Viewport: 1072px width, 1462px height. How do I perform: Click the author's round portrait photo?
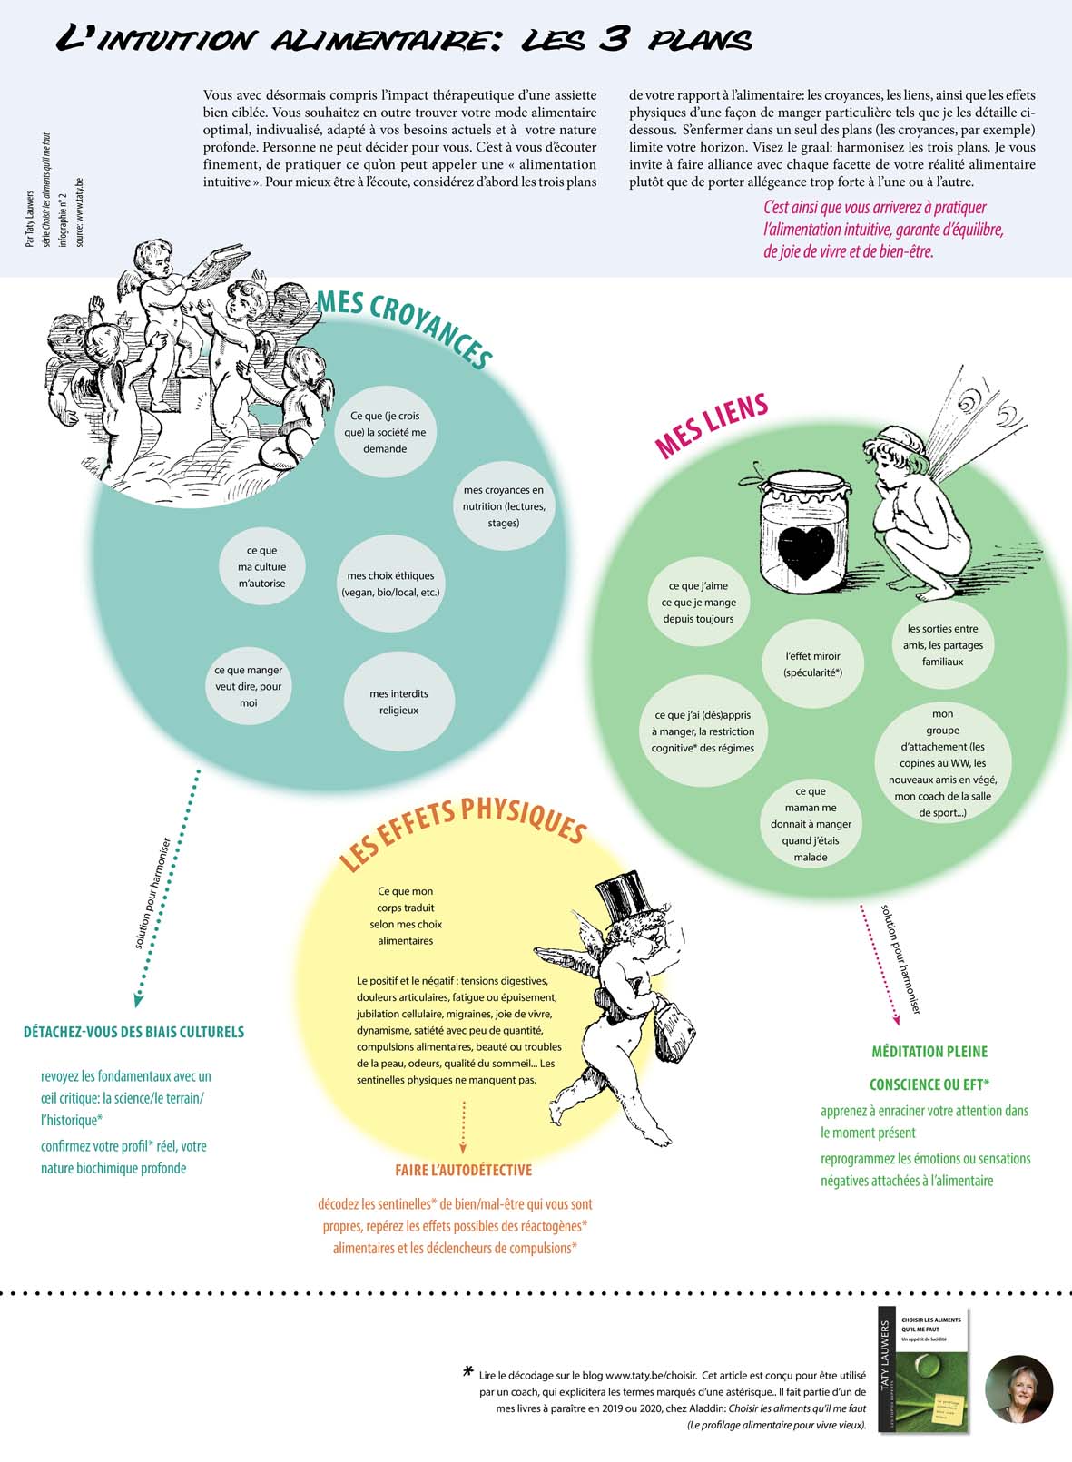tap(1018, 1389)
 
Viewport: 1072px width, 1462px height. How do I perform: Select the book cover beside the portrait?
tap(923, 1369)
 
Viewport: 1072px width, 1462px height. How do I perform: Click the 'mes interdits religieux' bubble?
tap(398, 702)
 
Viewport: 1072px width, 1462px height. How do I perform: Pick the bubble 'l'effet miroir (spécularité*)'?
tap(813, 664)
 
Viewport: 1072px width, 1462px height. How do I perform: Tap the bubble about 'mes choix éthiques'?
tap(390, 584)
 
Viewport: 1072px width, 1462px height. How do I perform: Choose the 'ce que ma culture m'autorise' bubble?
tap(261, 567)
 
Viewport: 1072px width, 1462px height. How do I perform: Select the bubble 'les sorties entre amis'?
tap(942, 645)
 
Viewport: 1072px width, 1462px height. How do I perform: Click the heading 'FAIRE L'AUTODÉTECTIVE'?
tap(463, 1171)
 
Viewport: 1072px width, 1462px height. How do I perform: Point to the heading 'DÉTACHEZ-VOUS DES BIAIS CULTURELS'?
tap(133, 1032)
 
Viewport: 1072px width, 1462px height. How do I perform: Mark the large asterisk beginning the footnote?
tap(468, 1372)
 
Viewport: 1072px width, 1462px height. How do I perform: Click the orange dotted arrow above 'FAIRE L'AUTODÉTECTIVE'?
tap(463, 1125)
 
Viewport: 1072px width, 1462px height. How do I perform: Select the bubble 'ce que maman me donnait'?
tap(811, 823)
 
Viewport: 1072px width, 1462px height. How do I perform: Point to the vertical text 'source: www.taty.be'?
tap(80, 211)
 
